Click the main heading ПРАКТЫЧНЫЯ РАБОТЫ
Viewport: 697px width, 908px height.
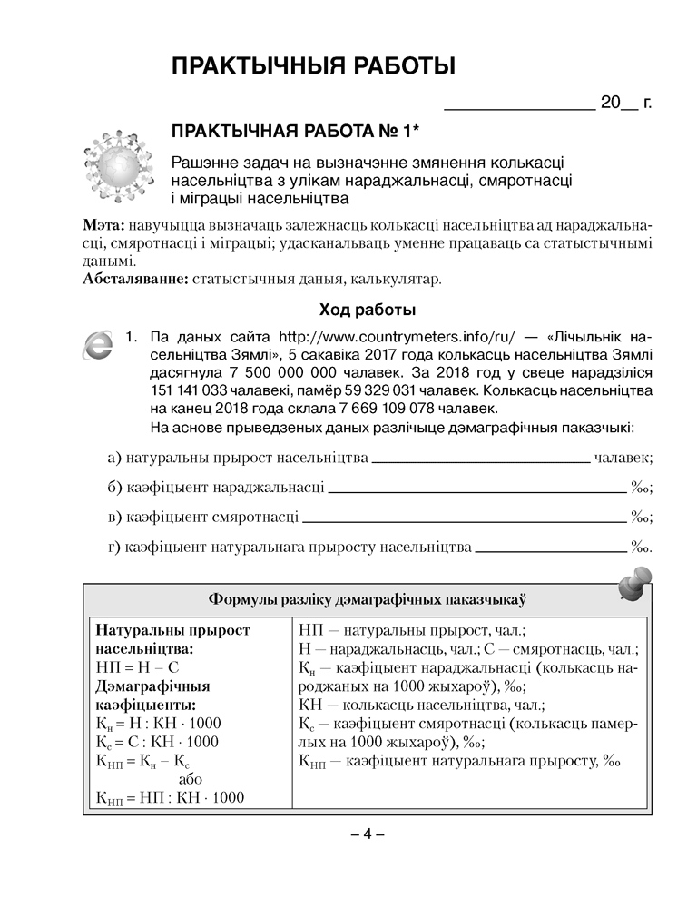tap(313, 66)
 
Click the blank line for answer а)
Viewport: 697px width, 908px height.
tap(480, 461)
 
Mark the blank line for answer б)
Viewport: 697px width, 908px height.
tap(477, 491)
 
